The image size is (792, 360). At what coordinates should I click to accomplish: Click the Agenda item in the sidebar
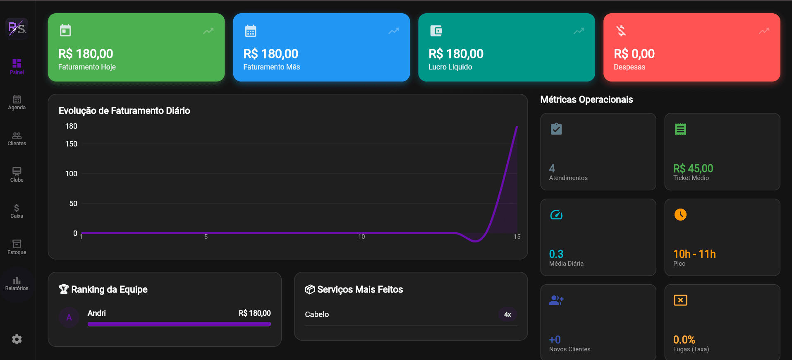(17, 102)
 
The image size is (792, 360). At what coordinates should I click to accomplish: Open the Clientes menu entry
(17, 139)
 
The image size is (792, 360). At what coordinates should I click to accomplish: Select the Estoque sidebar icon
(17, 244)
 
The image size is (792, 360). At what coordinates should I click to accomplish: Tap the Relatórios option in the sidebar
(17, 283)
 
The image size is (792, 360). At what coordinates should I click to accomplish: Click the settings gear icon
(17, 339)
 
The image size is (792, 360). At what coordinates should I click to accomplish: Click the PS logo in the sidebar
(17, 28)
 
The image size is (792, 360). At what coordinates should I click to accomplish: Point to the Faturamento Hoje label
(87, 67)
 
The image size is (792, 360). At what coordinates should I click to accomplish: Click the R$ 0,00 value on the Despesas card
(634, 54)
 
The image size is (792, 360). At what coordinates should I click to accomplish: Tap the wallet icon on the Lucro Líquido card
(436, 31)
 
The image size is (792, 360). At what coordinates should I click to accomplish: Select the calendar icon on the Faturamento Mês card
(251, 31)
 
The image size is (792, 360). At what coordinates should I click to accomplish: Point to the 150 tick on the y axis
(71, 144)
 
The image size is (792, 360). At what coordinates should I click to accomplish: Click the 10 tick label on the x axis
(361, 237)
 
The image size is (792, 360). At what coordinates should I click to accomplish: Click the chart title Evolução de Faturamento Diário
(124, 111)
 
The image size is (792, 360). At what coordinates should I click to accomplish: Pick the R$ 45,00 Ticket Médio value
(693, 168)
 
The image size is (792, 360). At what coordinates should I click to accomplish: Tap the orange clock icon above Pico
(680, 214)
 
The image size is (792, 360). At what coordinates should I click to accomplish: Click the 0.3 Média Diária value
(556, 254)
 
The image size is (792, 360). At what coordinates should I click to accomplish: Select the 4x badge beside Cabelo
(507, 314)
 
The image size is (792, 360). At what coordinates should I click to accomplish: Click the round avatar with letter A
(69, 317)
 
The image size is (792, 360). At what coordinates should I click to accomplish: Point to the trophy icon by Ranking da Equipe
(64, 289)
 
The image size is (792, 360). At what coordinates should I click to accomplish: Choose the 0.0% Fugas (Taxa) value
(684, 340)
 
